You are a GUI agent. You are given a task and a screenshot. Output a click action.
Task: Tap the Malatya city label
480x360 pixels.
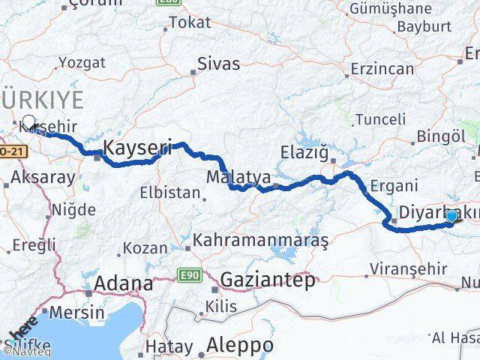click(x=238, y=177)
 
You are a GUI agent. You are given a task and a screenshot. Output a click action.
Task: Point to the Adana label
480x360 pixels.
click(x=124, y=284)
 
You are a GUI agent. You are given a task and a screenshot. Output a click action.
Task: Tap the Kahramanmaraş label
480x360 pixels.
click(x=260, y=241)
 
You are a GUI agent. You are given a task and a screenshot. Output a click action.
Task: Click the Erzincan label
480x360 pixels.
click(x=382, y=69)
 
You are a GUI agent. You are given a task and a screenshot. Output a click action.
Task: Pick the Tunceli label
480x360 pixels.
click(x=379, y=119)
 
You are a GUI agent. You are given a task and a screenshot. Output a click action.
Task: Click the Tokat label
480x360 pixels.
click(x=190, y=23)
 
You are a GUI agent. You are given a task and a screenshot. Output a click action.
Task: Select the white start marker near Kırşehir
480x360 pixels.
click(x=28, y=121)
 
